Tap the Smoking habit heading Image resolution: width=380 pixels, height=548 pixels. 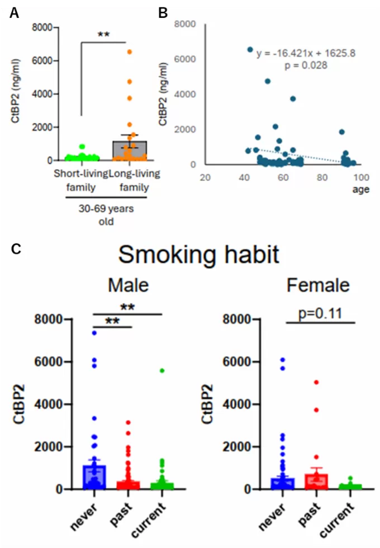[x=199, y=255]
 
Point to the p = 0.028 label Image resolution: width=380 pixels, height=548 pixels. [x=305, y=65]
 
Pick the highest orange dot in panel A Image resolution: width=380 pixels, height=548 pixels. [x=129, y=52]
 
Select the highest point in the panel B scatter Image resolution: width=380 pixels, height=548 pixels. [x=250, y=49]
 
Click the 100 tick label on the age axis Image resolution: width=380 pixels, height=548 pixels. [x=361, y=177]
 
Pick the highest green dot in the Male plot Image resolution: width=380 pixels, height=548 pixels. [x=161, y=370]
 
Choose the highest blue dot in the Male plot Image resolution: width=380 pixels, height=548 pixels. [x=95, y=333]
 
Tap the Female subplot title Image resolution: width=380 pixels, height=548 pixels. [x=318, y=285]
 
